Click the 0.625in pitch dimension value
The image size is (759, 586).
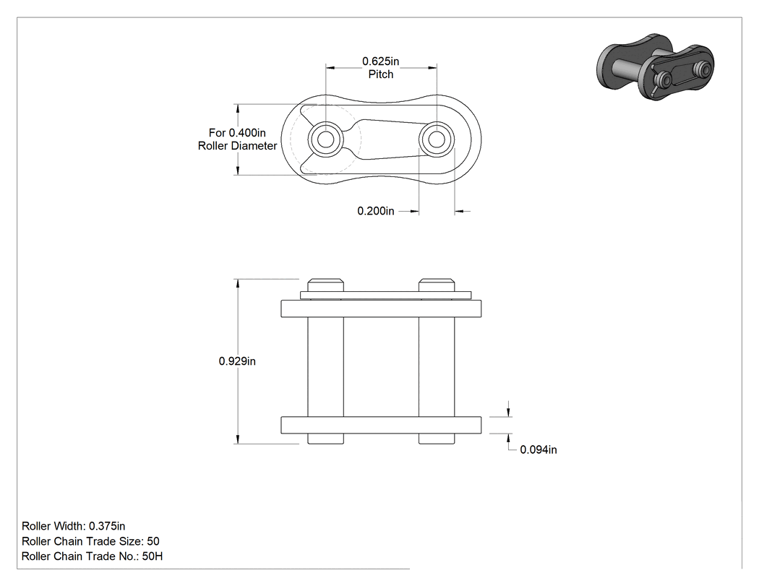click(380, 61)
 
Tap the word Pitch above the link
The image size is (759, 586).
click(381, 74)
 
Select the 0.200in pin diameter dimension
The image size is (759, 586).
click(376, 211)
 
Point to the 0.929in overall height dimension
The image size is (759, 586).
click(237, 361)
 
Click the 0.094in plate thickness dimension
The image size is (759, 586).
click(539, 449)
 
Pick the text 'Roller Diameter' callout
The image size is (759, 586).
click(238, 146)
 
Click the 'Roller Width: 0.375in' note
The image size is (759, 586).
click(74, 526)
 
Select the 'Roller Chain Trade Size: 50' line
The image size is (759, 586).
click(90, 541)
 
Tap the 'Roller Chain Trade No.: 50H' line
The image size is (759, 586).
click(92, 556)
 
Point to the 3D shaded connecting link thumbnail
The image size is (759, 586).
click(656, 66)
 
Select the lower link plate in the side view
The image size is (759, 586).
click(382, 425)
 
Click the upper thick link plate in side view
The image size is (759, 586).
click(382, 309)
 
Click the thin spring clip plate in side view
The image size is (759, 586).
click(386, 296)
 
